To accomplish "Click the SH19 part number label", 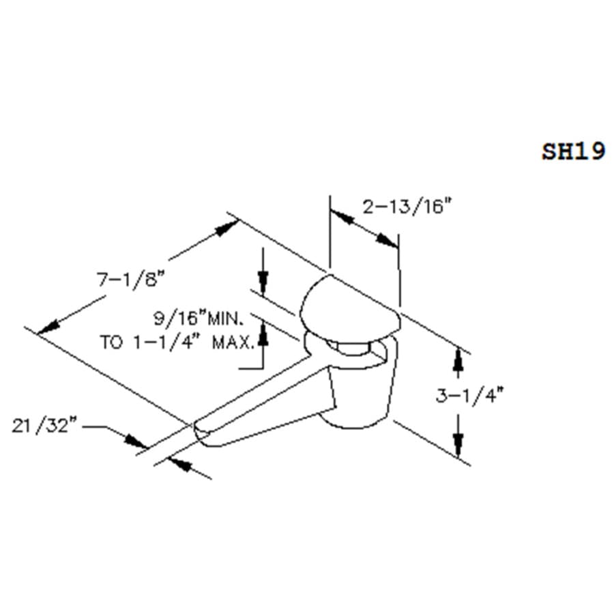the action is [x=574, y=151].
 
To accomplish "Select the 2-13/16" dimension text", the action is [x=407, y=206].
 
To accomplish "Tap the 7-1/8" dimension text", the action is [x=131, y=280].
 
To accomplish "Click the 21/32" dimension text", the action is [x=44, y=425].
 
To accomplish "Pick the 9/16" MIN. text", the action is [x=199, y=319].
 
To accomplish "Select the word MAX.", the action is [x=233, y=342].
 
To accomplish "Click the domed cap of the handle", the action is [x=350, y=307].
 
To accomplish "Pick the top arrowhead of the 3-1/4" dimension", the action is [x=458, y=359].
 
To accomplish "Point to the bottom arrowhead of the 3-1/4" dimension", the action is [x=458, y=445].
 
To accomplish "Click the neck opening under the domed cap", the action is [x=351, y=348].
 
